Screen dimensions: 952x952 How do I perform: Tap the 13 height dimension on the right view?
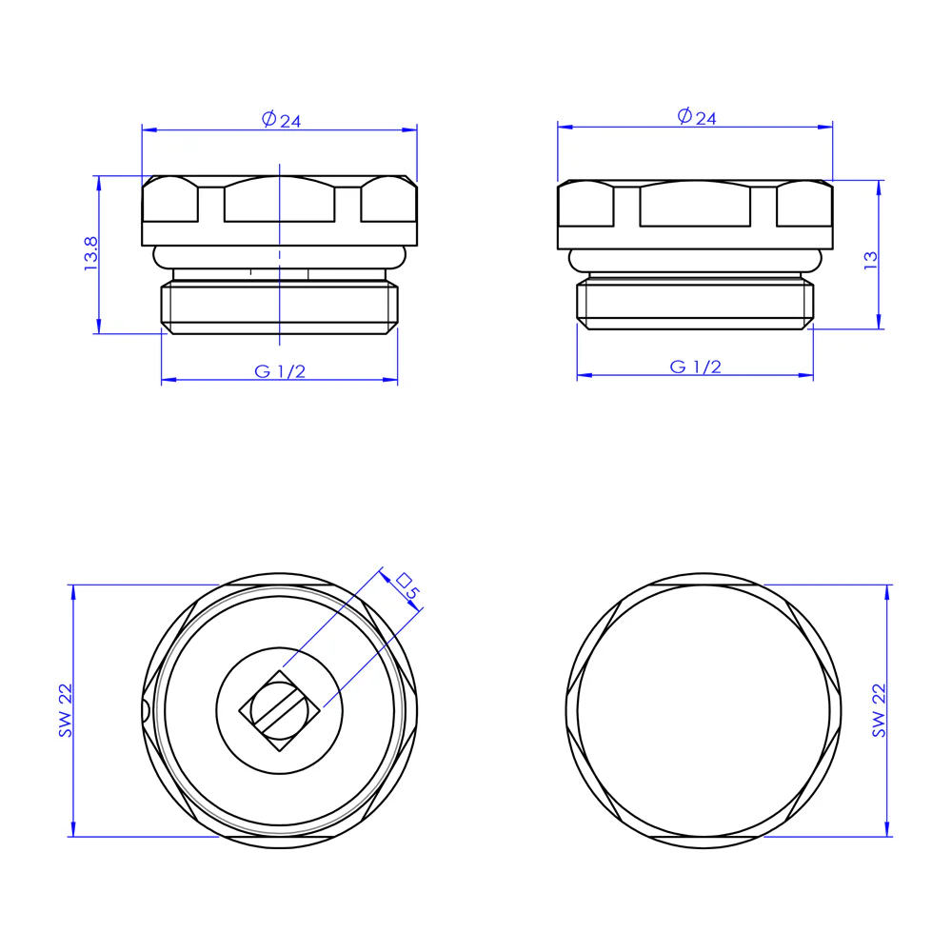pos(870,260)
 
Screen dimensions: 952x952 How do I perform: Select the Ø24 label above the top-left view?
pos(282,120)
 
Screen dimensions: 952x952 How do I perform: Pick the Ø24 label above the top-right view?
pos(697,117)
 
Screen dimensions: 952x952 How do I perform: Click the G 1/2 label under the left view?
pos(280,371)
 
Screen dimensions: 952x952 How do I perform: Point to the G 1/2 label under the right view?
pos(696,367)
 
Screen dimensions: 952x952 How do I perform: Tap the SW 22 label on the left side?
pos(65,711)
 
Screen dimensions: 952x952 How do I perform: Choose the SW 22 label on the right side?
pos(879,710)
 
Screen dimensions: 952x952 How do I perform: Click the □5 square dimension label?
pos(407,586)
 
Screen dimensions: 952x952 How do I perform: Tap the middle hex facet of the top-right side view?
pos(696,205)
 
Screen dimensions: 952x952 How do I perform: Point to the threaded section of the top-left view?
pos(280,306)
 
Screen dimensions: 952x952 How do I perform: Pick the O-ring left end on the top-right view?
pos(575,259)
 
